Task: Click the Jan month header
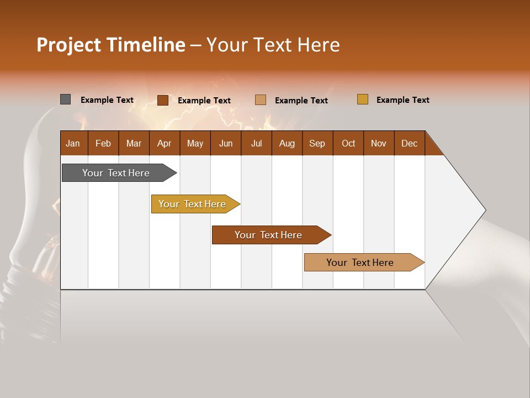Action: [73, 143]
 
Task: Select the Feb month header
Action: [103, 143]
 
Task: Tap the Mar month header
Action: [134, 143]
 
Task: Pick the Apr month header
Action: [165, 143]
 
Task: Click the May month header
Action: [195, 143]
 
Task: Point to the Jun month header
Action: [226, 143]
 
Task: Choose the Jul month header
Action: [256, 143]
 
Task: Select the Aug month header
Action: [287, 143]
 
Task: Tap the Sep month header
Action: [317, 143]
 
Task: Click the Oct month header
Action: [348, 143]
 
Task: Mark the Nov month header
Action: [379, 143]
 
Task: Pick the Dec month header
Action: [410, 143]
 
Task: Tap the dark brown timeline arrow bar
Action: [269, 235]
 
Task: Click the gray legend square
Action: [66, 99]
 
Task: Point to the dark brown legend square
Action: [163, 100]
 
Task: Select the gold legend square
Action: [363, 99]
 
